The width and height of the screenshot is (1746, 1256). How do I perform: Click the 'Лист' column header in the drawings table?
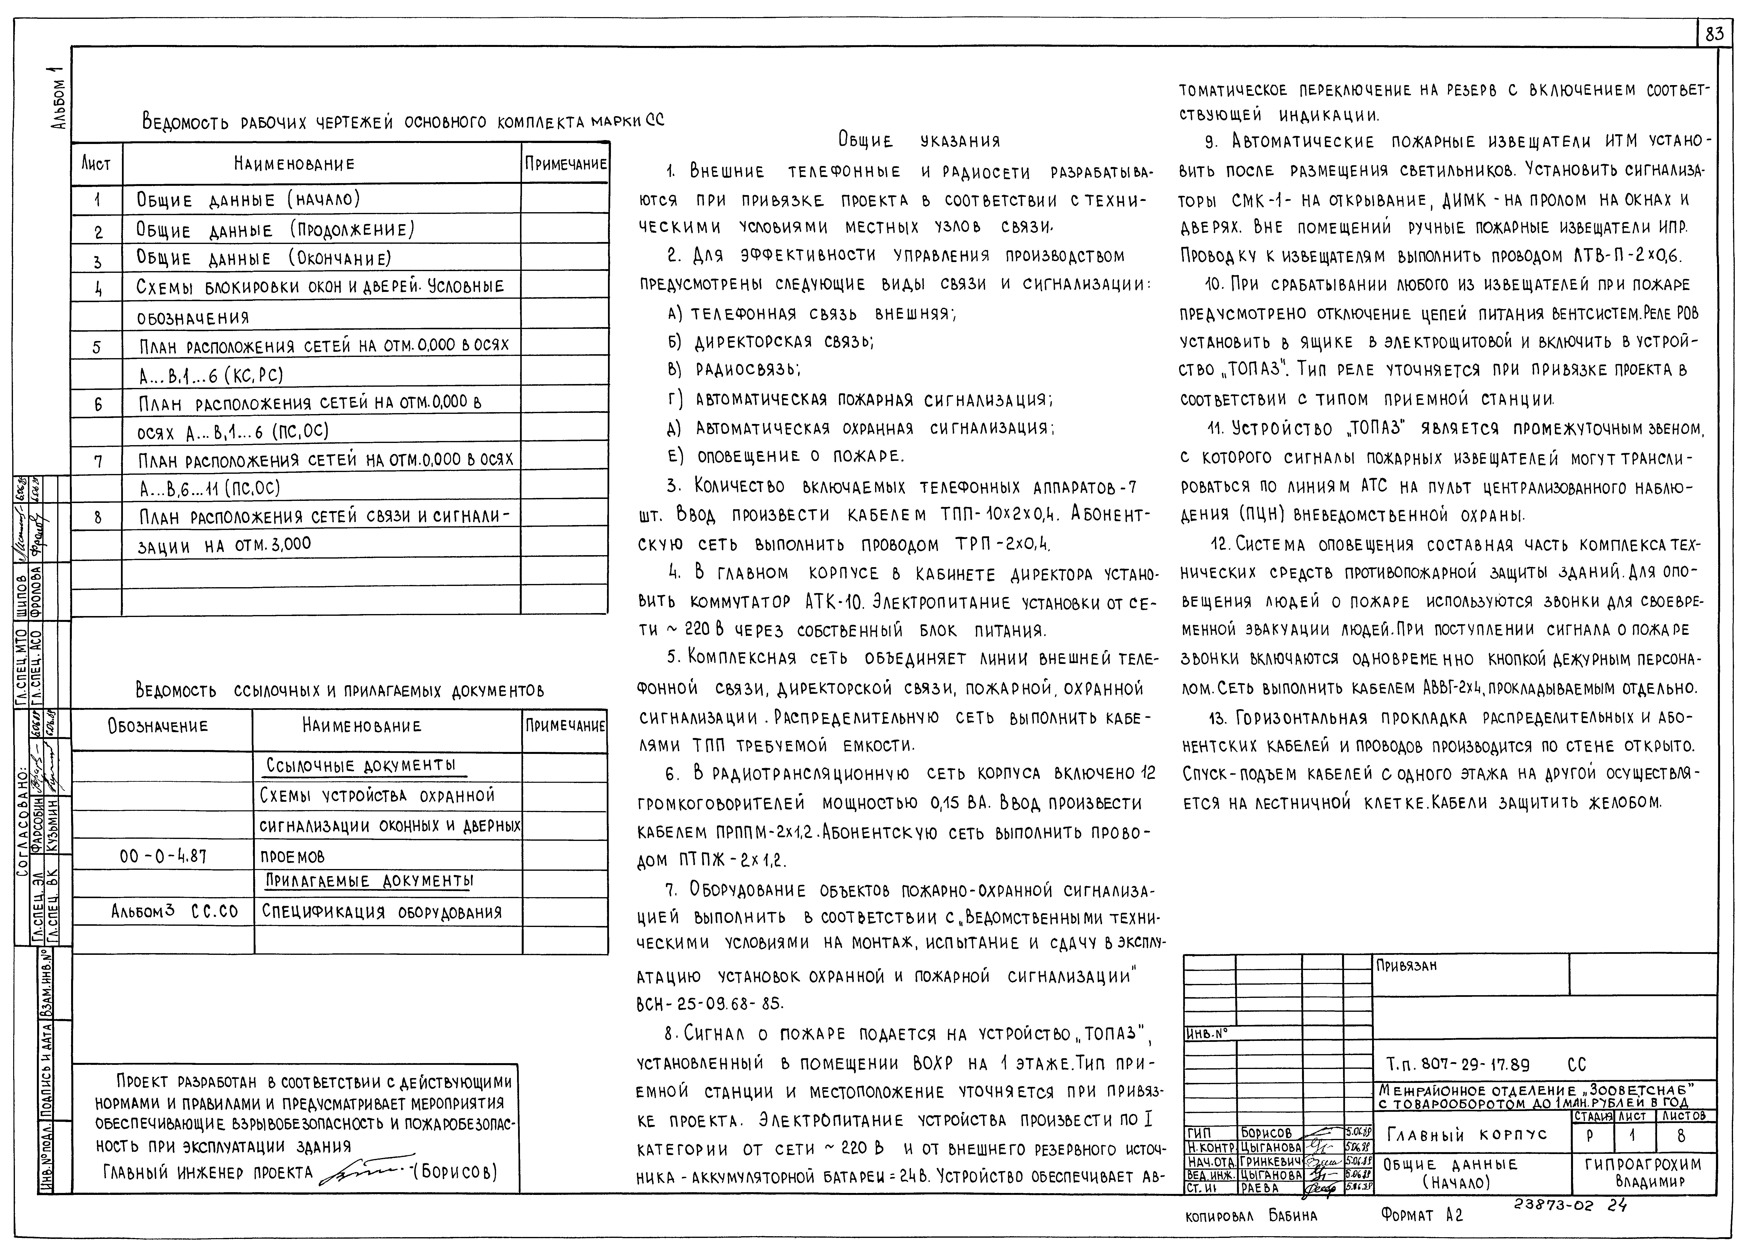coord(96,164)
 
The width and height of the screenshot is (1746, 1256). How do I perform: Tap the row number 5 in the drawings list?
coord(97,347)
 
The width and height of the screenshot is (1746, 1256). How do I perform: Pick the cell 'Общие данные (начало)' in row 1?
coord(248,199)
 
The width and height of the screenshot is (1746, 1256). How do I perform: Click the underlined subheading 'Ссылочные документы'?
coord(361,765)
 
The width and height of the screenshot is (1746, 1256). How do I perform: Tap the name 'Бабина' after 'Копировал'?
coord(1293,1216)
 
